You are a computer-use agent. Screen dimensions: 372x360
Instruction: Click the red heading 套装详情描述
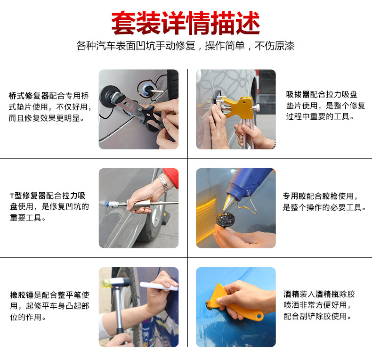point(186,23)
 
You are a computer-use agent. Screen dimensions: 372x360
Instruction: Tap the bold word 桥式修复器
point(29,96)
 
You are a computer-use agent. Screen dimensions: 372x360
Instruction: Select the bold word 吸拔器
point(298,94)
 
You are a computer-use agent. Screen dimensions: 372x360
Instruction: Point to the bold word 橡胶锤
point(22,295)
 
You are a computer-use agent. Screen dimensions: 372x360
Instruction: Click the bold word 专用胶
point(294,196)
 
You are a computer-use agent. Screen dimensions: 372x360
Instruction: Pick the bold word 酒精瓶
point(327,294)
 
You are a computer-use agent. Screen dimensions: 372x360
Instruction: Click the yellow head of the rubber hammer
point(107,283)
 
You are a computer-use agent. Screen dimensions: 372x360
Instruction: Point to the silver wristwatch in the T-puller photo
point(163,182)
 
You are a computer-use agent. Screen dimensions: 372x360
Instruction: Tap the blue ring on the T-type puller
point(107,204)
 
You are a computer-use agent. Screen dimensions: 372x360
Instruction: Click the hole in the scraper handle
point(259,316)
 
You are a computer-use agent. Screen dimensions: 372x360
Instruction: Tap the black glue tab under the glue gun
point(223,219)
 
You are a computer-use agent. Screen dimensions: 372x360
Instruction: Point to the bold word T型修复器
point(27,196)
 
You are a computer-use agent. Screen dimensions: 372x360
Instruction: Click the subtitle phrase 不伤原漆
point(275,46)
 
